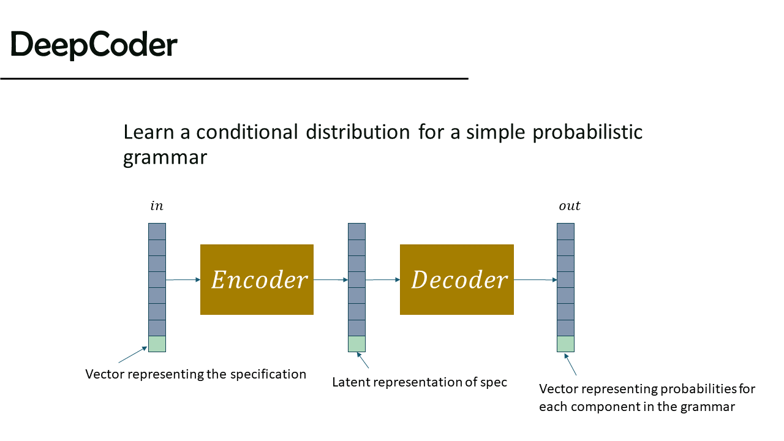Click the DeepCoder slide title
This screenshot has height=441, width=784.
(x=94, y=45)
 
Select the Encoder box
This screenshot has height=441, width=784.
(x=257, y=280)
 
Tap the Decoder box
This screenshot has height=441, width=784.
(x=457, y=280)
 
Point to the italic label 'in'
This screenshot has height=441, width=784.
(x=157, y=206)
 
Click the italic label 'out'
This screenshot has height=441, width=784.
(x=570, y=206)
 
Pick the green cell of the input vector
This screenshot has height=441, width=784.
(x=157, y=344)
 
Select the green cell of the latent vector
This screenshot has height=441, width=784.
(x=356, y=344)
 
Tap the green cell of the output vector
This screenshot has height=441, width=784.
(x=565, y=344)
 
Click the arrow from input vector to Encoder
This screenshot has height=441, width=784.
(x=183, y=280)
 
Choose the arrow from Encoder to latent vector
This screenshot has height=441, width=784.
(x=331, y=280)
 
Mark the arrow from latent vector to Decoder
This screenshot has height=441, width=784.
(x=383, y=280)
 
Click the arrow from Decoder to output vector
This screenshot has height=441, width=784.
(x=535, y=280)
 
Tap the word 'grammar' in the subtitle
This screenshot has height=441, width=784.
(x=165, y=157)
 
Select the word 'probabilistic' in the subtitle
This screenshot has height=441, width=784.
(x=587, y=132)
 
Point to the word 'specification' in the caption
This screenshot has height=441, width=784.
(x=268, y=374)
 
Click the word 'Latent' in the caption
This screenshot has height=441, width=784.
(x=351, y=382)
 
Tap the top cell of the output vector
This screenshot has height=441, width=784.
(x=565, y=232)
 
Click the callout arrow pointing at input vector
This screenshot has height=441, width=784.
(x=133, y=355)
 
